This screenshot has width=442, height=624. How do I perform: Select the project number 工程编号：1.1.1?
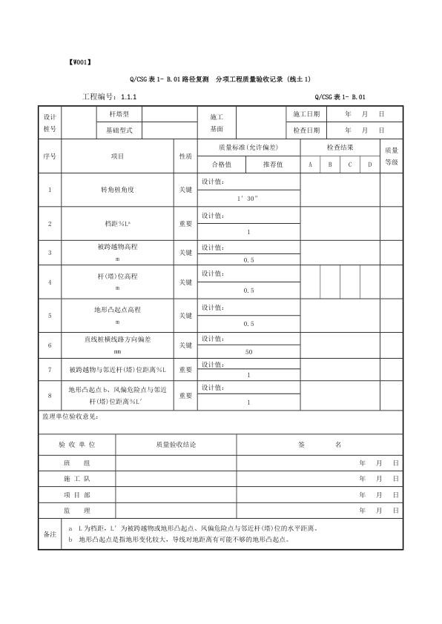pyautogui.click(x=109, y=97)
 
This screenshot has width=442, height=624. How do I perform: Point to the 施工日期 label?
pyautogui.click(x=306, y=114)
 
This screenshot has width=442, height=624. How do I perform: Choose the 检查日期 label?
pyautogui.click(x=306, y=130)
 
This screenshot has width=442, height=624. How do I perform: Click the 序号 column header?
pyautogui.click(x=50, y=156)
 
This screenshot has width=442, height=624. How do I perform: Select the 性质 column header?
pyautogui.click(x=185, y=156)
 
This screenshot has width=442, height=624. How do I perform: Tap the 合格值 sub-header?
pyautogui.click(x=222, y=165)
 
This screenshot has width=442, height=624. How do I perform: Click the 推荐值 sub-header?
pyautogui.click(x=273, y=165)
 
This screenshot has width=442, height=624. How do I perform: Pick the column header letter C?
pyautogui.click(x=350, y=165)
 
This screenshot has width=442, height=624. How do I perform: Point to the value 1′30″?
pyautogui.click(x=248, y=199)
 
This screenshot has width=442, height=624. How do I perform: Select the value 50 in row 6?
pyautogui.click(x=248, y=351)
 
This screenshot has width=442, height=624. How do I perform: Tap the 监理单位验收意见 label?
pyautogui.click(x=70, y=417)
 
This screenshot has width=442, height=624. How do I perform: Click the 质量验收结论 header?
pyautogui.click(x=176, y=445)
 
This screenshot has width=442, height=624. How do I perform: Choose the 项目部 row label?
pyautogui.click(x=76, y=494)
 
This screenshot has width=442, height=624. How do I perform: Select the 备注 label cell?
pyautogui.click(x=50, y=534)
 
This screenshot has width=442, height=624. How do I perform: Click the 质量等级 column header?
pyautogui.click(x=391, y=156)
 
